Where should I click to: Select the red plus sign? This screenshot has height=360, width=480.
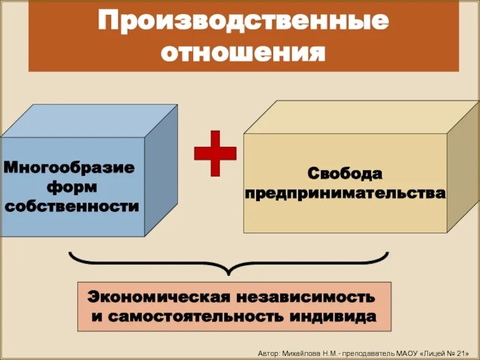click(214, 152)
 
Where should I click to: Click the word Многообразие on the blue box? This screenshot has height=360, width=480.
click(71, 167)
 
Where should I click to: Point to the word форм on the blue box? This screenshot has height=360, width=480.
click(71, 187)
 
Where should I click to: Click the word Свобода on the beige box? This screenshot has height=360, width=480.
click(344, 174)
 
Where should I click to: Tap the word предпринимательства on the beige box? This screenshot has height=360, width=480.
click(345, 194)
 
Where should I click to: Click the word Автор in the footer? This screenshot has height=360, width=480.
click(268, 352)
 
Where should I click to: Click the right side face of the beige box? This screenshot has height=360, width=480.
click(463, 174)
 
